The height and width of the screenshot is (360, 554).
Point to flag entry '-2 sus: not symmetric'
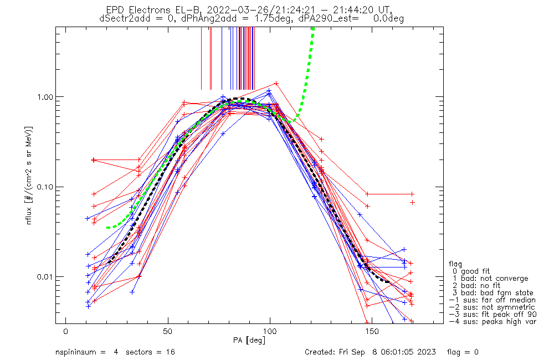[x=492, y=307]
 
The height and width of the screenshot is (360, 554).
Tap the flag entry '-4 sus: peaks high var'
[x=493, y=322]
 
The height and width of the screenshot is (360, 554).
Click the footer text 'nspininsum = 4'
[x=86, y=352]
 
